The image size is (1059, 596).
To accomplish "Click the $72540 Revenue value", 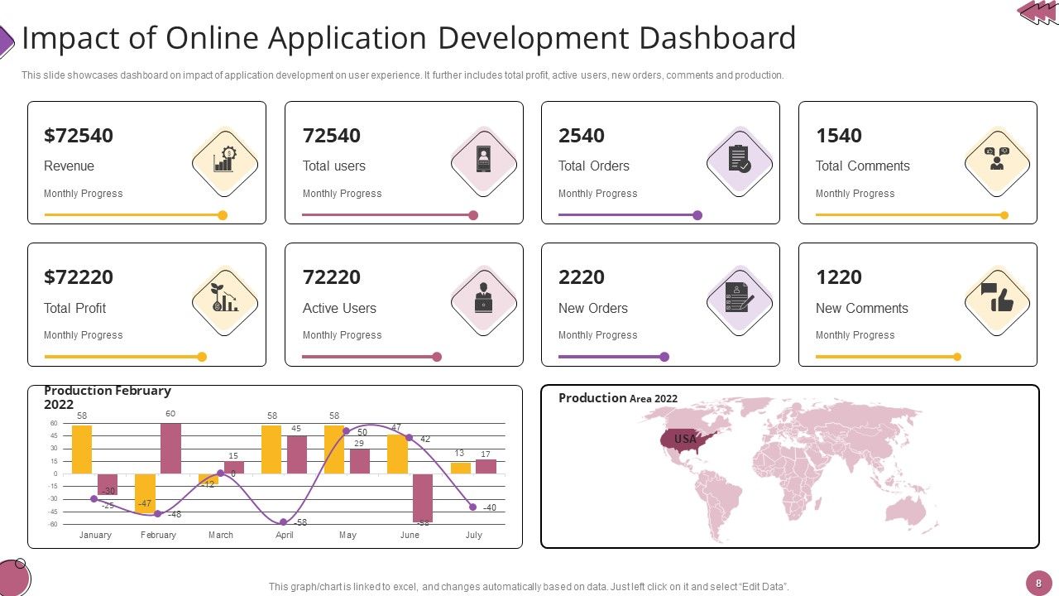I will click(x=79, y=136).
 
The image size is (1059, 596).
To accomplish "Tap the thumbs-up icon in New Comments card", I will click(x=997, y=300).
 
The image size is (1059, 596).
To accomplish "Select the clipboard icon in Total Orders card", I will click(x=740, y=159).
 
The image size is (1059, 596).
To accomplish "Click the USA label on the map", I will click(x=685, y=439).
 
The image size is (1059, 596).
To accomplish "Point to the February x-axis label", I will click(x=158, y=535).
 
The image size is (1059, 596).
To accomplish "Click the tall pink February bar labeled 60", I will click(x=170, y=448).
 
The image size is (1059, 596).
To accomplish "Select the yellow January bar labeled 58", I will click(x=82, y=449).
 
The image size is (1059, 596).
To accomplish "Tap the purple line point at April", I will click(x=283, y=522).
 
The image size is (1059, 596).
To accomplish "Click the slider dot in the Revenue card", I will click(x=223, y=215).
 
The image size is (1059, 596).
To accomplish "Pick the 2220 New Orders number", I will click(x=582, y=277).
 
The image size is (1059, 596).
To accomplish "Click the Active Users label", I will click(x=339, y=308).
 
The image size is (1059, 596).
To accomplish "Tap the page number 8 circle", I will click(x=1038, y=583).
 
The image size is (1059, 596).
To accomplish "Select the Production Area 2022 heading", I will click(x=618, y=398).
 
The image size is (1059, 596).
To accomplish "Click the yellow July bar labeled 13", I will click(x=460, y=468).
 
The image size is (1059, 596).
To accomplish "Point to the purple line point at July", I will click(x=472, y=507).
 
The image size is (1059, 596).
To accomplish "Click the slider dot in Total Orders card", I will click(x=697, y=215).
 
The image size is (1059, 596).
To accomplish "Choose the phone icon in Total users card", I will click(x=483, y=159).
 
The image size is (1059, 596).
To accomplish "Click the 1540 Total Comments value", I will click(x=839, y=136).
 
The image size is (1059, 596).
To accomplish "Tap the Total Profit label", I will click(x=75, y=308).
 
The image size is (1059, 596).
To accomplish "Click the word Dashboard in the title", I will click(x=718, y=38).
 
